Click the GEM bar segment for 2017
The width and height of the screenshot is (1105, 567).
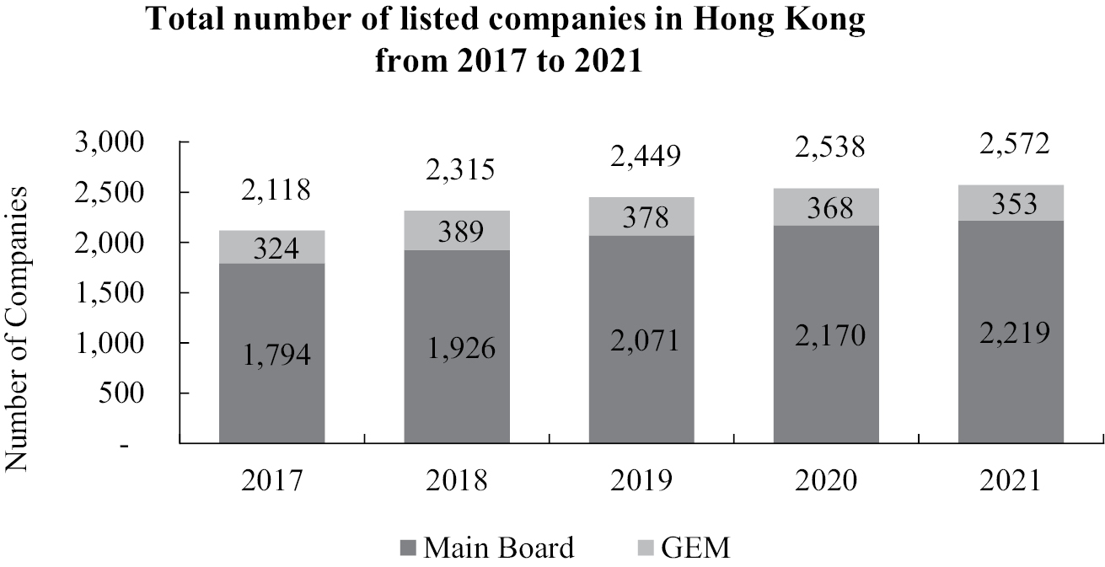tap(272, 247)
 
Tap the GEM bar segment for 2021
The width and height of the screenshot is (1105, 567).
tap(1011, 203)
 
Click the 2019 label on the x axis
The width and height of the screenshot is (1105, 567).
tap(641, 480)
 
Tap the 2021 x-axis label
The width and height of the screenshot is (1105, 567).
tap(1011, 480)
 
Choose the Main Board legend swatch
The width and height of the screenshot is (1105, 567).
tap(408, 549)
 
